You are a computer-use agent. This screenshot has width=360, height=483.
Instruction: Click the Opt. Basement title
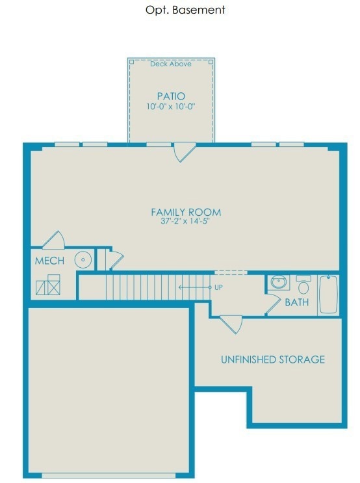pyautogui.click(x=185, y=10)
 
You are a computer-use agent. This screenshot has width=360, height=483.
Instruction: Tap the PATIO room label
pyautogui.click(x=171, y=96)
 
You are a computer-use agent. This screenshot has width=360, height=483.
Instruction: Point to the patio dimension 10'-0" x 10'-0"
pyautogui.click(x=171, y=107)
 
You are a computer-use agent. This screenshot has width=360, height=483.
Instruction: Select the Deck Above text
pyautogui.click(x=171, y=64)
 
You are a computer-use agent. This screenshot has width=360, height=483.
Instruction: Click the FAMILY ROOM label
pyautogui.click(x=186, y=212)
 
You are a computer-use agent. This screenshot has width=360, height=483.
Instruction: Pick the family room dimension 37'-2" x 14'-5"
pyautogui.click(x=185, y=221)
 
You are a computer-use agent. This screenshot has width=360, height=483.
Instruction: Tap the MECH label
pyautogui.click(x=49, y=261)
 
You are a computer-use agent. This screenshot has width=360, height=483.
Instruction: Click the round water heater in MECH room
pyautogui.click(x=83, y=259)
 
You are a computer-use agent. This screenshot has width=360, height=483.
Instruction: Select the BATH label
pyautogui.click(x=296, y=302)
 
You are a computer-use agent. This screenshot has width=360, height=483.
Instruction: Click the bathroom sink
pyautogui.click(x=279, y=282)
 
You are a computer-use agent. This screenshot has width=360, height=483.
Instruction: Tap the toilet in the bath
pyautogui.click(x=303, y=285)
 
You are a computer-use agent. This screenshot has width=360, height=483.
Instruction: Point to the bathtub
pyautogui.click(x=328, y=294)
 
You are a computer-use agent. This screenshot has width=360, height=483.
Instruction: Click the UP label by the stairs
pyautogui.click(x=218, y=287)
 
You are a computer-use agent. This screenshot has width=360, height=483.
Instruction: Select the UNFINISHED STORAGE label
pyautogui.click(x=273, y=359)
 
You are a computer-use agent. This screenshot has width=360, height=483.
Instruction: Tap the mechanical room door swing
pyautogui.click(x=53, y=240)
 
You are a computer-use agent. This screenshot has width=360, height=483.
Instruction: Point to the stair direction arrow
pyautogui.click(x=195, y=287)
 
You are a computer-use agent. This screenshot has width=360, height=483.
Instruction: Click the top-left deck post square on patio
pyautogui.click(x=131, y=62)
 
